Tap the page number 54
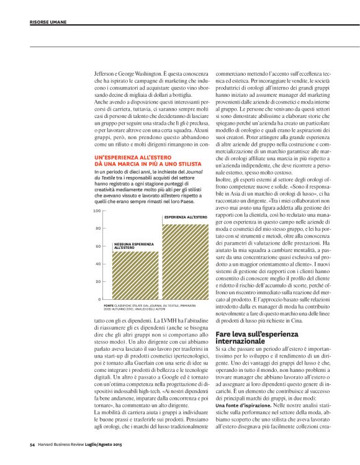point(32,445)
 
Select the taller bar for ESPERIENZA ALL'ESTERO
point(185,261)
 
